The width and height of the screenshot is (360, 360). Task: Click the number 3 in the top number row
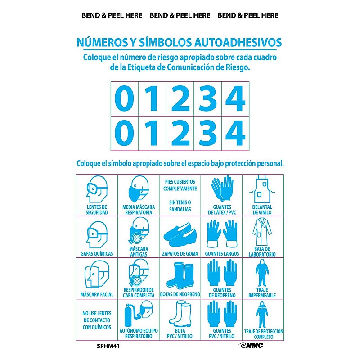click(208, 99)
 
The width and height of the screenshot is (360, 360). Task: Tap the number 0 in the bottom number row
click(125, 133)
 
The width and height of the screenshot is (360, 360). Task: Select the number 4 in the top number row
click(235, 99)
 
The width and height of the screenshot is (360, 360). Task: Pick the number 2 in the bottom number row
click(180, 133)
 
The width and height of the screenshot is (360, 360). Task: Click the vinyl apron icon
click(262, 189)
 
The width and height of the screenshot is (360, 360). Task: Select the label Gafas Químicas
click(97, 254)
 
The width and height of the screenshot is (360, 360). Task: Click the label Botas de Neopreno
click(180, 294)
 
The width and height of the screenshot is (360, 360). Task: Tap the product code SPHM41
click(108, 346)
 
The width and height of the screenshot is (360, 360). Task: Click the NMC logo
click(251, 346)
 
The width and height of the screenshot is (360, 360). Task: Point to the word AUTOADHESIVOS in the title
click(238, 42)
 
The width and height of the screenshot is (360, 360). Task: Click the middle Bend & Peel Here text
click(180, 15)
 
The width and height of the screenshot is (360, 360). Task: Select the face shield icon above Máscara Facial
click(97, 274)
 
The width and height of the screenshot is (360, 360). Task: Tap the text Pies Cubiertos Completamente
click(180, 185)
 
